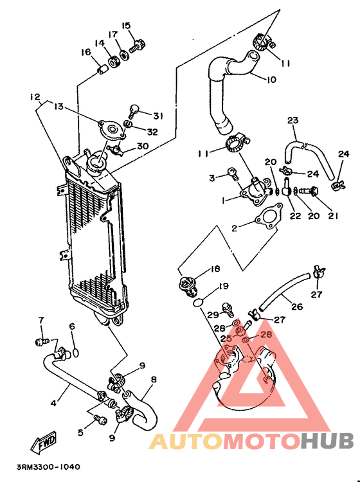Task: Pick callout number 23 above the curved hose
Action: (x=293, y=120)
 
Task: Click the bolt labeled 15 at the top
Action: (x=136, y=46)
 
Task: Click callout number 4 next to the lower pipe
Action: (x=54, y=403)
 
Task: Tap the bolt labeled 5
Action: (x=100, y=419)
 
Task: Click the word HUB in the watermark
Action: (x=327, y=442)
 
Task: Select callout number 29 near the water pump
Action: (x=212, y=314)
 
